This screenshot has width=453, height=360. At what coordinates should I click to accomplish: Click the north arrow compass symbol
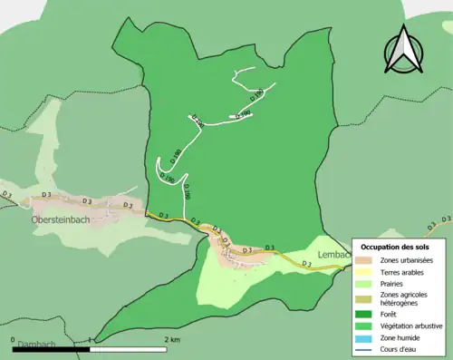(x=404, y=50)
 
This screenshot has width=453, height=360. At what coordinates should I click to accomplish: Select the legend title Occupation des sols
(x=400, y=246)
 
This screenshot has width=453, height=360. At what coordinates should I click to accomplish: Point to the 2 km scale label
(x=173, y=339)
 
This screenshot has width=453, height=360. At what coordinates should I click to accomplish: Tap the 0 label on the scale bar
(x=14, y=339)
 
